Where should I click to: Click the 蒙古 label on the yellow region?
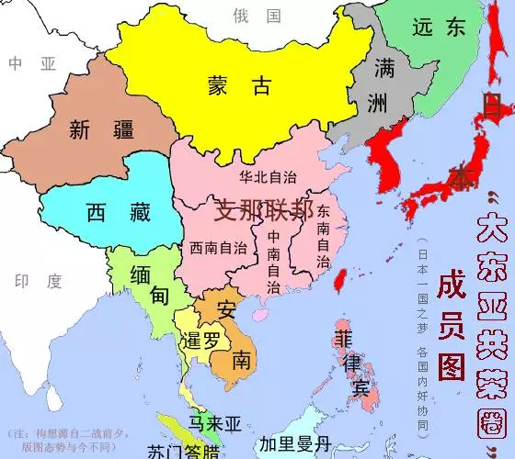239,86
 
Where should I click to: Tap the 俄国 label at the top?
257,16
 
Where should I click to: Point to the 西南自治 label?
219,248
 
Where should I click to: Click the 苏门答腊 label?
184,451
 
